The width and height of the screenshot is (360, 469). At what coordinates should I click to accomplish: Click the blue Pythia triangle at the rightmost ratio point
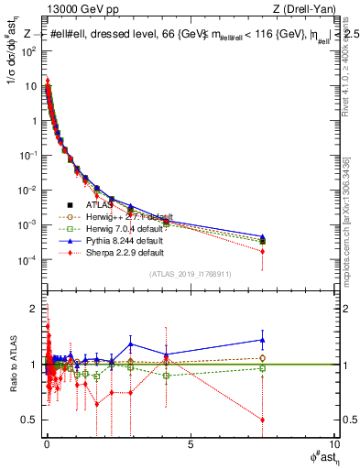point(263,340)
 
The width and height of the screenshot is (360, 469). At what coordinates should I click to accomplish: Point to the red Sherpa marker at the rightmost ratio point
point(263,420)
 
